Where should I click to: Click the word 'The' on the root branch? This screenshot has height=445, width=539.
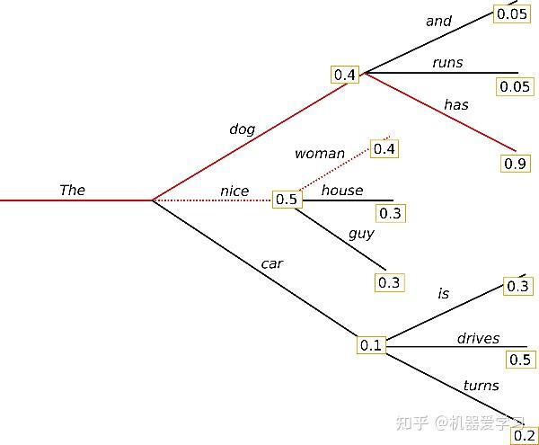click(72, 190)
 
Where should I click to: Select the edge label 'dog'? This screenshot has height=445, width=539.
click(242, 129)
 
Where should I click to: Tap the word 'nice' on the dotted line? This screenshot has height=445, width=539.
click(234, 191)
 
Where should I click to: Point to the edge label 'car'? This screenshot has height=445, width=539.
click(272, 263)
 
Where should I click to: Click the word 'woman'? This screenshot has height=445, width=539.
click(319, 154)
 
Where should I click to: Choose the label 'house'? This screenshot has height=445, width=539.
click(342, 190)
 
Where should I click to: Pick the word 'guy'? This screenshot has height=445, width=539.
click(361, 234)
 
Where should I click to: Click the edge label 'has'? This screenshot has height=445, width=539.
click(456, 105)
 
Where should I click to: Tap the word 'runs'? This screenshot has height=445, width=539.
click(447, 62)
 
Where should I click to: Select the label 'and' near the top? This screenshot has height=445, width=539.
click(439, 21)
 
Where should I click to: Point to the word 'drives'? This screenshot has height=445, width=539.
click(478, 339)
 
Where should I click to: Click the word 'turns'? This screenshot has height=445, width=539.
click(481, 386)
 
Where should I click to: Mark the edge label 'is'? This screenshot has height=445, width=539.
click(443, 293)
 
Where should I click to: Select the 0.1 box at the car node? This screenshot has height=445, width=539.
click(371, 345)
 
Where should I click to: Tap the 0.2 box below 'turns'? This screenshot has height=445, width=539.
click(522, 435)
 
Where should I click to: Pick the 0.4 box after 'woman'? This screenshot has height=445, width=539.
click(384, 148)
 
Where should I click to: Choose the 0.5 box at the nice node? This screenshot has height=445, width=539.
click(287, 200)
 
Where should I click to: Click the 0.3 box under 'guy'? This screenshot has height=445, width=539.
click(389, 282)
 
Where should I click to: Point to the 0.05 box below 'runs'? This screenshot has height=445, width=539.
click(515, 86)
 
